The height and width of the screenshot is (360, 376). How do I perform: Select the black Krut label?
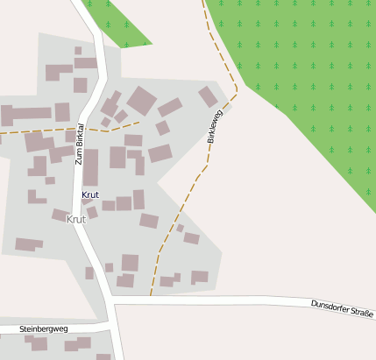click(x=90, y=194)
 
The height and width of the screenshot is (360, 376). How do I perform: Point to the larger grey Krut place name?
click(x=76, y=219)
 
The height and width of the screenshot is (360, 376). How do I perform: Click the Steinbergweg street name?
click(x=44, y=329)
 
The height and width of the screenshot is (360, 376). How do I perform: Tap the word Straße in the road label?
click(x=362, y=313)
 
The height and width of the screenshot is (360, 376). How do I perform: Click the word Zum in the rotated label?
click(x=78, y=159)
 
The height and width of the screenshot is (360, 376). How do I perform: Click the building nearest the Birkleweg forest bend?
click(x=208, y=96)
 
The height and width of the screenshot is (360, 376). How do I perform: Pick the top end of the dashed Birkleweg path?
click(x=204, y=3)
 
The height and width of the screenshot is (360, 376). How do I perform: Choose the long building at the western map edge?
click(x=26, y=114)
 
